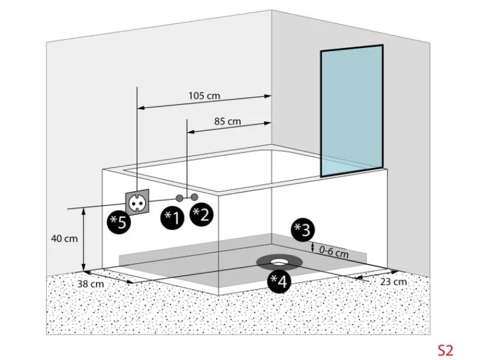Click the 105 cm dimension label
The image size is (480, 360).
pyautogui.click(x=204, y=96)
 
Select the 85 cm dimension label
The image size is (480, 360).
pyautogui.click(x=227, y=122)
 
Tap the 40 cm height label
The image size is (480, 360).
pyautogui.click(x=64, y=238)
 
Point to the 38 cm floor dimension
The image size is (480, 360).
pyautogui.click(x=91, y=284)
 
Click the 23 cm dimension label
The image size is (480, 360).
pyautogui.click(x=394, y=281)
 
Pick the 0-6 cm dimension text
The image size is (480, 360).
pyautogui.click(x=334, y=252)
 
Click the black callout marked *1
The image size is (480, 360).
pyautogui.click(x=172, y=218)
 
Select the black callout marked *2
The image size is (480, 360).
pyautogui.click(x=201, y=214)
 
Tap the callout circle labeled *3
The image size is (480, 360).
pyautogui.click(x=302, y=230)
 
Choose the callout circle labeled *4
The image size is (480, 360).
pyautogui.click(x=279, y=281)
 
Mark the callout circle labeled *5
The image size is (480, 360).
pyautogui.click(x=118, y=222)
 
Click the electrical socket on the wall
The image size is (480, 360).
pyautogui.click(x=137, y=203)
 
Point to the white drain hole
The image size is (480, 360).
pyautogui.click(x=279, y=262)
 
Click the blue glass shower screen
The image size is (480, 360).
pyautogui.click(x=352, y=111)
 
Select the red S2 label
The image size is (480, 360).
pyautogui.click(x=445, y=350)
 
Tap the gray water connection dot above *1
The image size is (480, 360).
pyautogui.click(x=179, y=198)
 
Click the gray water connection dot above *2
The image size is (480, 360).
pyautogui.click(x=194, y=197)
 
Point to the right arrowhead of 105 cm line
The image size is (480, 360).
pyautogui.click(x=268, y=96)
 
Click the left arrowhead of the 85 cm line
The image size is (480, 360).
pyautogui.click(x=191, y=132)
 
